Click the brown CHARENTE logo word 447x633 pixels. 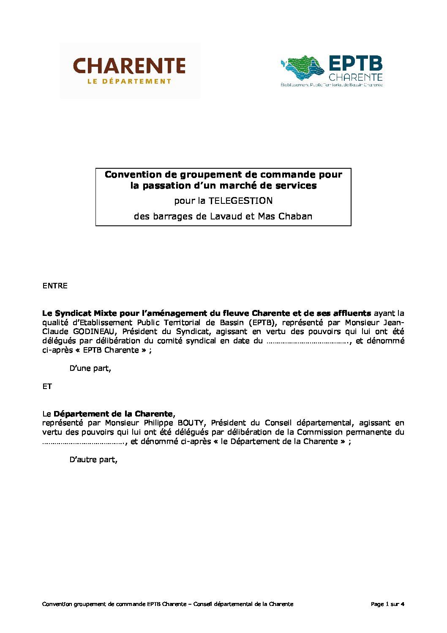pos(129,66)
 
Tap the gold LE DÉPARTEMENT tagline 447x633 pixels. pos(129,81)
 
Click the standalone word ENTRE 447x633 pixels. pos(55,286)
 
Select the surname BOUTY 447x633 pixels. pos(191,423)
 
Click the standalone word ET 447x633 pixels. pos(47,386)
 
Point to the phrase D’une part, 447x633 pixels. pos(90,368)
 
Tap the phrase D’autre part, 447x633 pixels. pos(93,460)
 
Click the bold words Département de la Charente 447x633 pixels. pos(113,414)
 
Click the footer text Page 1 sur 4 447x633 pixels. pos(387,604)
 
